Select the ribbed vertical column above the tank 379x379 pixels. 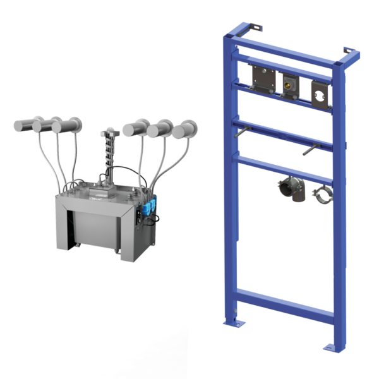109,152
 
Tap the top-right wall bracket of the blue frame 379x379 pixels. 347,51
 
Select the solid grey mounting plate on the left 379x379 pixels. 261,78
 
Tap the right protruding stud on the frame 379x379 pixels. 309,152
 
